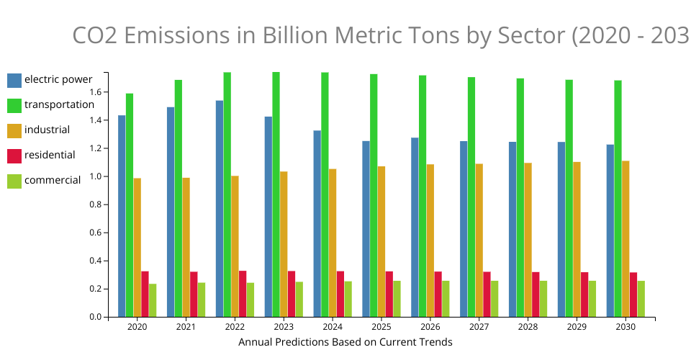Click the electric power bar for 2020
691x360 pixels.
point(122,216)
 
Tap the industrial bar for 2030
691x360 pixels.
point(625,238)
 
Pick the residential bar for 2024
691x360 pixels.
point(340,294)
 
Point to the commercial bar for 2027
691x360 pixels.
point(494,299)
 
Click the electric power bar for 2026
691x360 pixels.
point(415,227)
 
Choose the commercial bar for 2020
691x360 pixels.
point(153,300)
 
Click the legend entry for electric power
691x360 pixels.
point(58,79)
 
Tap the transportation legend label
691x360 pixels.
point(59,104)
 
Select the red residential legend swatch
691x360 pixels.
point(14,156)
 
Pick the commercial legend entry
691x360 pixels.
point(52,181)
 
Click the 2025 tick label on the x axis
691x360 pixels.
point(381,327)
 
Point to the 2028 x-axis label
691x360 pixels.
point(528,327)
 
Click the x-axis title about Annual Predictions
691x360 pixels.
point(345,342)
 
